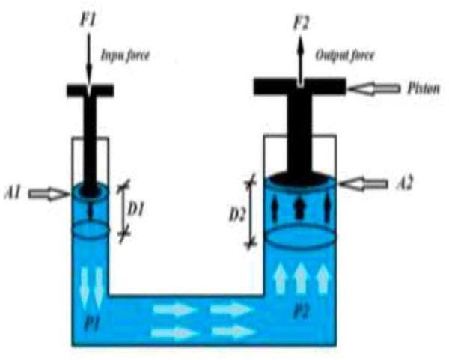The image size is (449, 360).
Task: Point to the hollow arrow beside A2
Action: [x=372, y=182]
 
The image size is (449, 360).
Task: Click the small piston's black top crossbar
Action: [x=90, y=91]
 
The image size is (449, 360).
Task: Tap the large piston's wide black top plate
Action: [x=299, y=86]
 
